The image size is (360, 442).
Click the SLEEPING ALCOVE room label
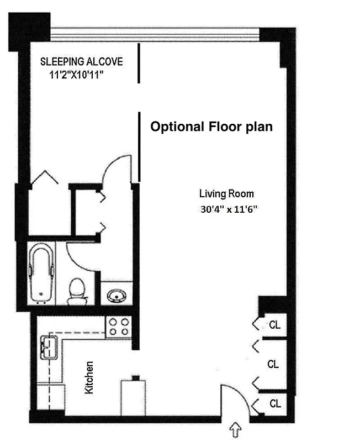[x=82, y=61]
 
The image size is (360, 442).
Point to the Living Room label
[x=226, y=194]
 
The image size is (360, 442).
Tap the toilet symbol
[x=77, y=291]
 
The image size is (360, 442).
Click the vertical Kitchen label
[x=89, y=377]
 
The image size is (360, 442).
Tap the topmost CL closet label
[x=274, y=325]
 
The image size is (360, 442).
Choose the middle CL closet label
[x=273, y=365]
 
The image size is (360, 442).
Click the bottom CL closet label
[x=274, y=404]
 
